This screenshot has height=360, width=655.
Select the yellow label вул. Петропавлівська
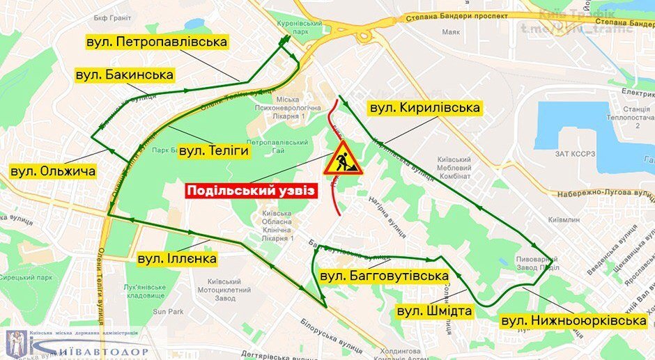point(157,42)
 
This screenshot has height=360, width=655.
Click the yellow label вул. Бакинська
point(125,75)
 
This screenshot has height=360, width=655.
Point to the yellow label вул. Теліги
point(214,150)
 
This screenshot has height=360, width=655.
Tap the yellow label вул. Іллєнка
point(177,259)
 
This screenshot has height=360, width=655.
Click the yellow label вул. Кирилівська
point(425,108)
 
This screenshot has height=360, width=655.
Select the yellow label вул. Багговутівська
point(383,276)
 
